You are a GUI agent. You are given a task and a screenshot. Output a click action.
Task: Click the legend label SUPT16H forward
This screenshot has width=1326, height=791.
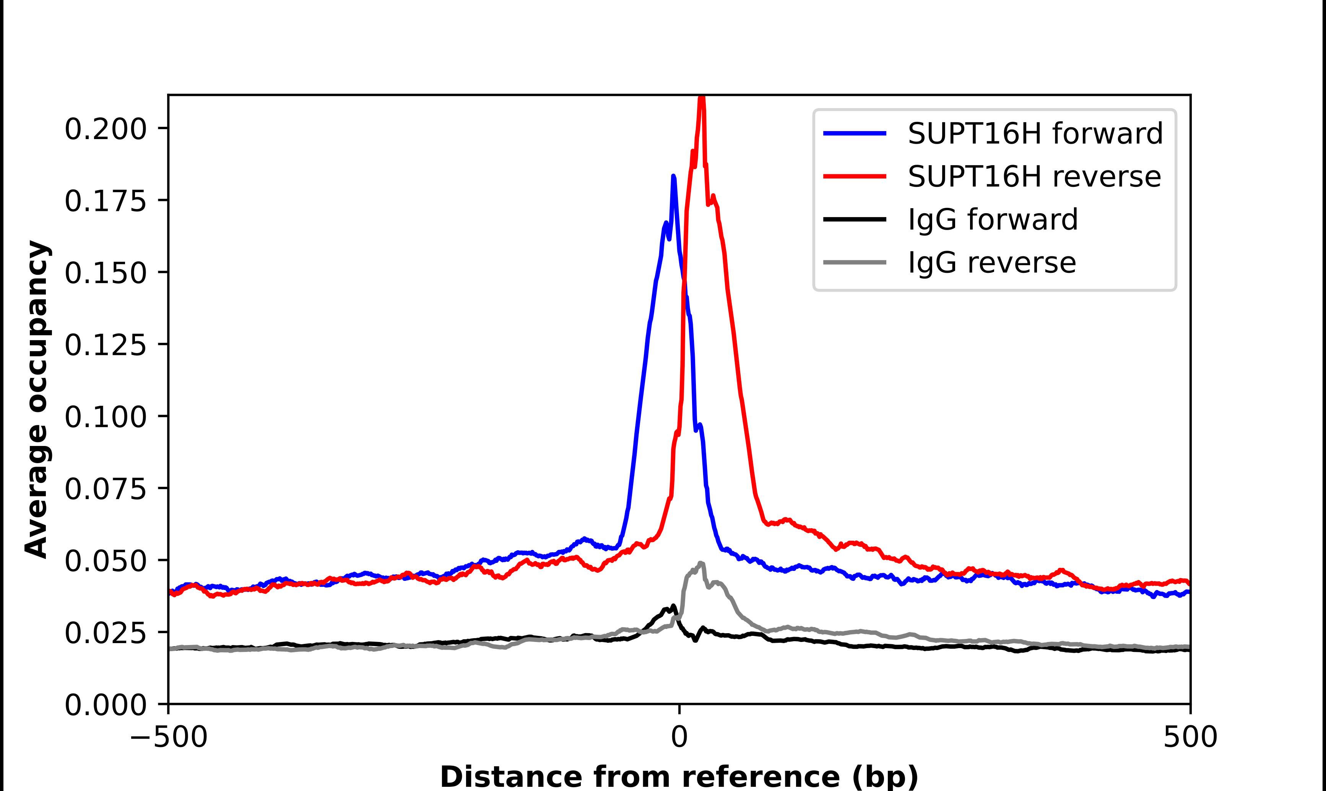pyautogui.click(x=1035, y=133)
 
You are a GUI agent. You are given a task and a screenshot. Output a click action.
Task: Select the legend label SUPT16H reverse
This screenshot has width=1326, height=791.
pyautogui.click(x=1034, y=177)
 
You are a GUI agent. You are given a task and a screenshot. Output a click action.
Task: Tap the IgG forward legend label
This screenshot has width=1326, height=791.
pyautogui.click(x=992, y=220)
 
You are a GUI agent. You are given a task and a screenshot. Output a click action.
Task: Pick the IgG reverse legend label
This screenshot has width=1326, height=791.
pyautogui.click(x=992, y=263)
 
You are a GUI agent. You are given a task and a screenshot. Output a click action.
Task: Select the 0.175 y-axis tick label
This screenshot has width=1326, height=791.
pyautogui.click(x=105, y=201)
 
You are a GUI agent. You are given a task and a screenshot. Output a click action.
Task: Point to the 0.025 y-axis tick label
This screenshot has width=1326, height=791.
pyautogui.click(x=105, y=633)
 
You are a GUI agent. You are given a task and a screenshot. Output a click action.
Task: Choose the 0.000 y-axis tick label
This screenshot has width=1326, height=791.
pyautogui.click(x=105, y=705)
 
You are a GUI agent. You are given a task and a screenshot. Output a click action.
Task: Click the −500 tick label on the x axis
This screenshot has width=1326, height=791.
pyautogui.click(x=169, y=737)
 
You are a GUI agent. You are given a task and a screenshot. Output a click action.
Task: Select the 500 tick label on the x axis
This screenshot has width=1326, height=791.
pyautogui.click(x=1190, y=737)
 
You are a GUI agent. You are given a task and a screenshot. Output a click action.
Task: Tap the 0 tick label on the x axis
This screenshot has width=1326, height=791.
pyautogui.click(x=679, y=737)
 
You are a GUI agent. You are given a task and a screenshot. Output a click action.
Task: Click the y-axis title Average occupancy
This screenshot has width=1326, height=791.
pyautogui.click(x=37, y=400)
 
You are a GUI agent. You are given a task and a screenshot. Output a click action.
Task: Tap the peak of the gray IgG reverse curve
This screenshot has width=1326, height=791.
pyautogui.click(x=700, y=563)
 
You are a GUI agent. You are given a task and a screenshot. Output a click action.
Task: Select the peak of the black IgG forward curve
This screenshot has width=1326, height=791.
pyautogui.click(x=673, y=606)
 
